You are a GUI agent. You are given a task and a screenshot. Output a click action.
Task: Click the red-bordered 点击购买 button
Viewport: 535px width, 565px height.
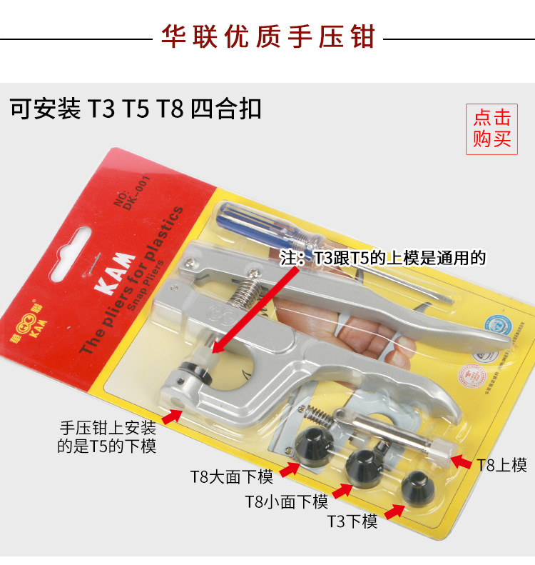(x=492, y=128)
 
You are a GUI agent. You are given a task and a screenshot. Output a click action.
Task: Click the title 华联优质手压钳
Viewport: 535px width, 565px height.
(x=267, y=36)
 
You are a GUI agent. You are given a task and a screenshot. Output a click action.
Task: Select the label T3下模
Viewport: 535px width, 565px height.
(x=352, y=521)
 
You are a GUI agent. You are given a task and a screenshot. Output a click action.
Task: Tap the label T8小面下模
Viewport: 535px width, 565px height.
(x=286, y=501)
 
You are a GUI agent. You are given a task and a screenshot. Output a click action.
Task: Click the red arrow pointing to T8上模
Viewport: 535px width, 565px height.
(x=462, y=464)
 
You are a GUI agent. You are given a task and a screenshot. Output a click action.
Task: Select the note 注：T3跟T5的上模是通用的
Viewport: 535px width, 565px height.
(x=383, y=258)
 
